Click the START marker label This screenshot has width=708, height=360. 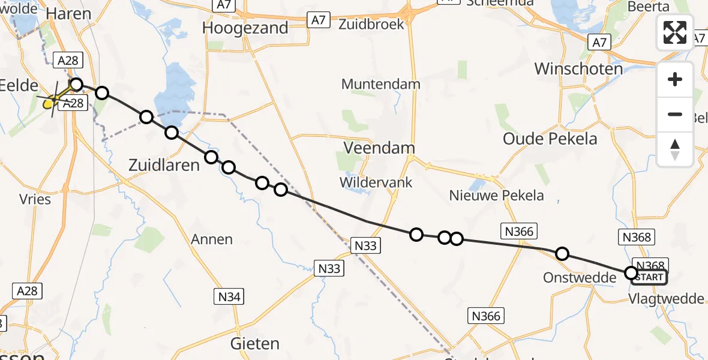pyautogui.click(x=649, y=277)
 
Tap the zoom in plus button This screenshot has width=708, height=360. pyautogui.click(x=675, y=79)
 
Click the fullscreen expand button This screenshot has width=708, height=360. pyautogui.click(x=675, y=32)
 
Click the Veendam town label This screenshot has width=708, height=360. pyautogui.click(x=379, y=148)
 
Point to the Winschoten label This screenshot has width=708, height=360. pyautogui.click(x=578, y=69)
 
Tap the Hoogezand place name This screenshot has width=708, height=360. pyautogui.click(x=245, y=28)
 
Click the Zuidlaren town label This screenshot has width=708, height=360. pyautogui.click(x=164, y=165)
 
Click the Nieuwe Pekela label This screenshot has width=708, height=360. pyautogui.click(x=496, y=195)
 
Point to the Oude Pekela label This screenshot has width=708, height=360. pyautogui.click(x=550, y=139)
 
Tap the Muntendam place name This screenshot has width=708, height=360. pyautogui.click(x=380, y=84)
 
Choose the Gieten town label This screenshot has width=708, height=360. pyautogui.click(x=255, y=344)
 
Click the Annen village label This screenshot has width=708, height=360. pyautogui.click(x=211, y=239)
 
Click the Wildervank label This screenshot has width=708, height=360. pyautogui.click(x=376, y=182)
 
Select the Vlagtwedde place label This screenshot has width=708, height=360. pyautogui.click(x=667, y=299)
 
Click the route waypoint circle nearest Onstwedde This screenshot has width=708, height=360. pyautogui.click(x=562, y=254)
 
